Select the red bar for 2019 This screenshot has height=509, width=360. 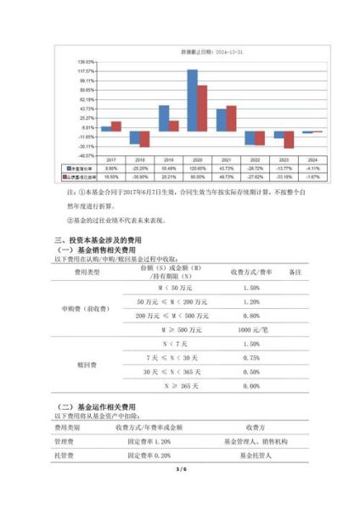[174, 126]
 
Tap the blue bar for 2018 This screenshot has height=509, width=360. [136, 138]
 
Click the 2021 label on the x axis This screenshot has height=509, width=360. [226, 159]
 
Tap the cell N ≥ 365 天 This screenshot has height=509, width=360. [179, 385]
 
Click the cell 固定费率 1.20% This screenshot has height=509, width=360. [153, 442]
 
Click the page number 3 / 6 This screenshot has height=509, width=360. [179, 492]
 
